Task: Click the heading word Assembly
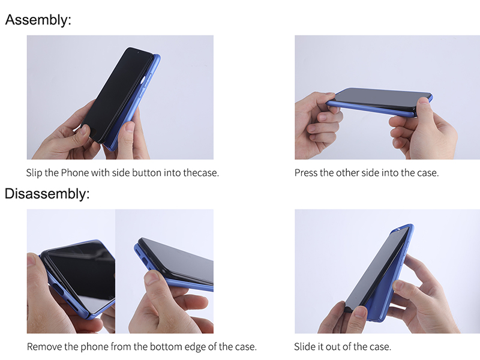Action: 38,20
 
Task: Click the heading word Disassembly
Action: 47,194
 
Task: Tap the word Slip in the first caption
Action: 34,173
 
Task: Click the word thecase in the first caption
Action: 201,173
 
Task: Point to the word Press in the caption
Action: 306,173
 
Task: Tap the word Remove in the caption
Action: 44,347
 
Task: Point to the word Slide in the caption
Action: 304,347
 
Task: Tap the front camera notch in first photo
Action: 138,53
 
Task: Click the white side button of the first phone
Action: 143,81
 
